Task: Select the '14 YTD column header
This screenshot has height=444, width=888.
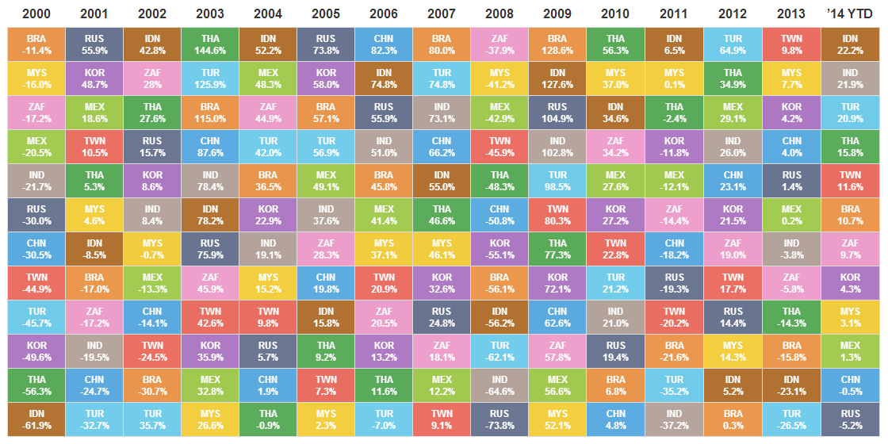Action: point(850,13)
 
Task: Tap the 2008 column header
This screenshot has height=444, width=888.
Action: point(499,13)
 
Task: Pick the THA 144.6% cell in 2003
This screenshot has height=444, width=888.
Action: point(209,44)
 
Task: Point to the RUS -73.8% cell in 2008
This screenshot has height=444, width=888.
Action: point(499,419)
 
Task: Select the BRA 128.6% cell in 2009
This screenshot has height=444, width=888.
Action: point(557,44)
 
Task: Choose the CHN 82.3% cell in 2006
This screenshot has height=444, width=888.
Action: point(383,44)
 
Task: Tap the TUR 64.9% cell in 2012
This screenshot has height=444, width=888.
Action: point(733,44)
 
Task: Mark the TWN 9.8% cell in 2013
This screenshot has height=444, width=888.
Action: point(791,44)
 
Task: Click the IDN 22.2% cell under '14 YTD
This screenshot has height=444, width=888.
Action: point(850,44)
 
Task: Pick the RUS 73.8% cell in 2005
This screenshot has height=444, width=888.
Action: point(325,44)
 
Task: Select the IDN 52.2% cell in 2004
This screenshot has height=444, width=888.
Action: point(267,44)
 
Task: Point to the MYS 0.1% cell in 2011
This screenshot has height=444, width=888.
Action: point(674,78)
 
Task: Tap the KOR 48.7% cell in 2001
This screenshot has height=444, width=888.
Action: point(94,78)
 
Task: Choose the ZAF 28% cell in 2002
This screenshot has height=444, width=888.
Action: point(151,78)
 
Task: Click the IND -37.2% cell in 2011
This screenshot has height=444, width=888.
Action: point(674,419)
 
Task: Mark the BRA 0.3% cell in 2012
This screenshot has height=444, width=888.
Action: point(733,419)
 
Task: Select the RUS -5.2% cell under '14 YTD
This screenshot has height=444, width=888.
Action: point(850,419)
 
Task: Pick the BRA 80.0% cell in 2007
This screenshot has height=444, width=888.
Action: point(441,44)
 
